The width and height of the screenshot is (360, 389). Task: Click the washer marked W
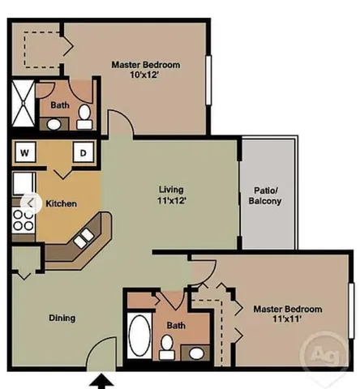point(24,151)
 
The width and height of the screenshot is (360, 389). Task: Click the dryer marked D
point(83,151)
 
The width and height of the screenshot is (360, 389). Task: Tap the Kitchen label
point(62,203)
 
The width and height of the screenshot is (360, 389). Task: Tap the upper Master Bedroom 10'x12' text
point(145,71)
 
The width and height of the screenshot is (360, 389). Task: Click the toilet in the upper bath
point(83,122)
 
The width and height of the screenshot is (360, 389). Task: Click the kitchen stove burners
point(19,218)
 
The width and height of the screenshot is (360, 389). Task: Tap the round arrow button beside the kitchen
point(31,201)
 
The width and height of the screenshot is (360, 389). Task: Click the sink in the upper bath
point(55,124)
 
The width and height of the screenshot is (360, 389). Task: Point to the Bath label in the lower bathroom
point(176,326)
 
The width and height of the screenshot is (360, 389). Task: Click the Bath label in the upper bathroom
point(59,105)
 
